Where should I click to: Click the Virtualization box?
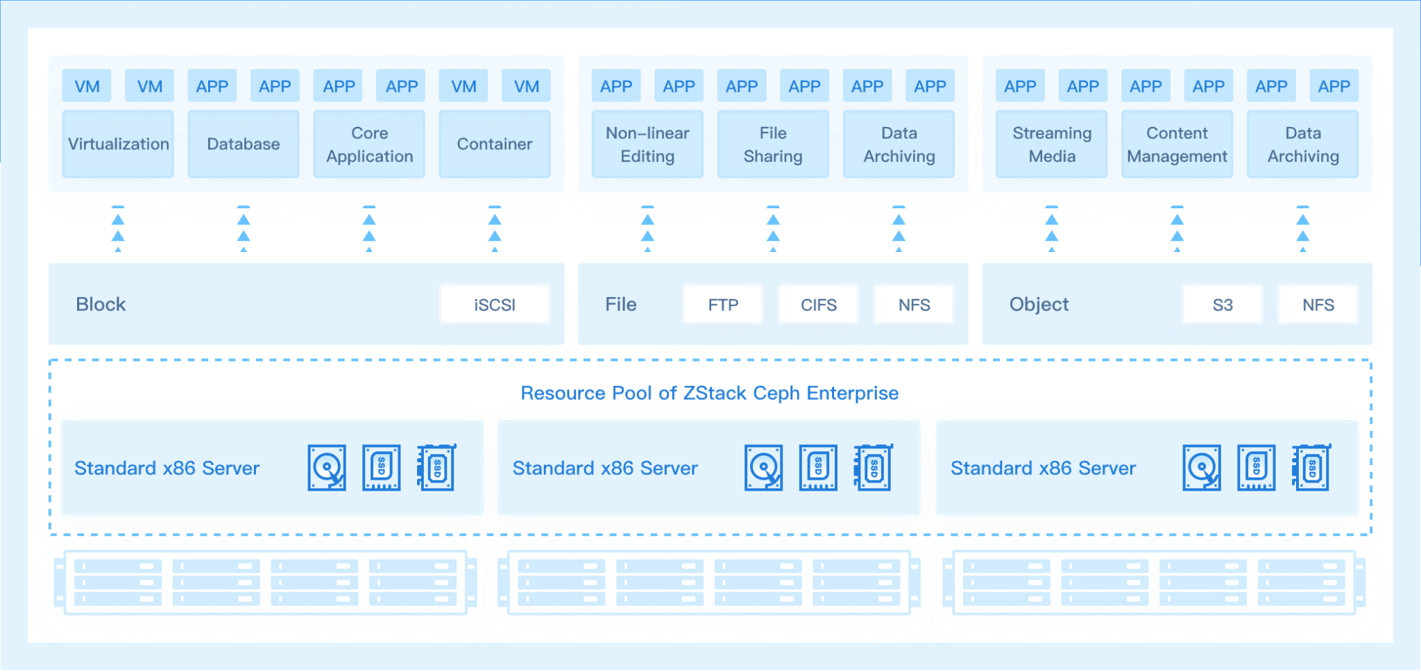click(x=118, y=144)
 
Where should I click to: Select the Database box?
click(x=244, y=144)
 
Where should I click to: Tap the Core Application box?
click(x=369, y=144)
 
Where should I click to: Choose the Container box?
click(x=495, y=144)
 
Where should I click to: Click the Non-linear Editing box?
click(x=647, y=144)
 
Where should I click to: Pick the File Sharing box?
click(x=773, y=144)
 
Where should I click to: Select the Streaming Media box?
click(x=1052, y=144)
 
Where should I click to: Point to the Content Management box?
click(x=1177, y=144)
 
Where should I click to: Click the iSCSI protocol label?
click(x=495, y=305)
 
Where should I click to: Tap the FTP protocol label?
click(x=723, y=305)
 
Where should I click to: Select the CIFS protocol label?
click(x=819, y=305)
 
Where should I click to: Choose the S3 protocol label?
click(x=1223, y=305)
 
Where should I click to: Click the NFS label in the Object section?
click(x=1318, y=305)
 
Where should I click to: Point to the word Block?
click(x=101, y=304)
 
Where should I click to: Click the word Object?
click(x=1039, y=304)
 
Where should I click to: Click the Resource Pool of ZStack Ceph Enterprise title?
click(x=709, y=393)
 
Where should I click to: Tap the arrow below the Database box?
click(x=244, y=228)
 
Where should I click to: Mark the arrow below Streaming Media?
click(x=1052, y=228)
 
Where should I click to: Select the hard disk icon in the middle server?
click(x=763, y=468)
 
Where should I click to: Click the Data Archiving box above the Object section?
click(x=1302, y=144)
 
